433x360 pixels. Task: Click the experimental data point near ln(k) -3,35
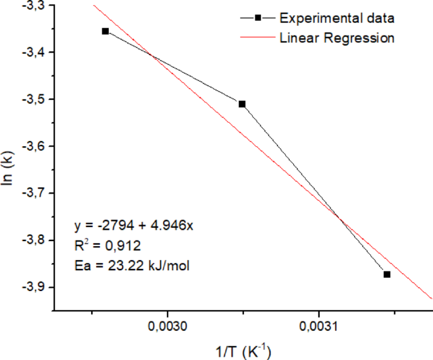coord(106,31)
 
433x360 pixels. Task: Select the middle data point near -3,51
coord(242,104)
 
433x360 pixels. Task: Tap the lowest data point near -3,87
coord(387,274)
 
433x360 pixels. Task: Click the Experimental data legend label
coord(337,18)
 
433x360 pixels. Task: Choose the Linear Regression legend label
coord(337,38)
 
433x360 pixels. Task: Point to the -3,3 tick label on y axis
coord(31,6)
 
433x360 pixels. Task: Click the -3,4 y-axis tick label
coord(31,53)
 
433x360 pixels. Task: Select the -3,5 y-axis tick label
coord(31,99)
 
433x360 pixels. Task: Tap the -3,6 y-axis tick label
coord(31,146)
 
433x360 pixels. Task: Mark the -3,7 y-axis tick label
coord(31,193)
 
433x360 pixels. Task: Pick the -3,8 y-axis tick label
coord(31,240)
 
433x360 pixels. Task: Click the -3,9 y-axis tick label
coord(31,287)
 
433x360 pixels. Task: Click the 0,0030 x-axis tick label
coord(167,326)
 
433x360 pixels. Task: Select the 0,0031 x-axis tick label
coord(319,326)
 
